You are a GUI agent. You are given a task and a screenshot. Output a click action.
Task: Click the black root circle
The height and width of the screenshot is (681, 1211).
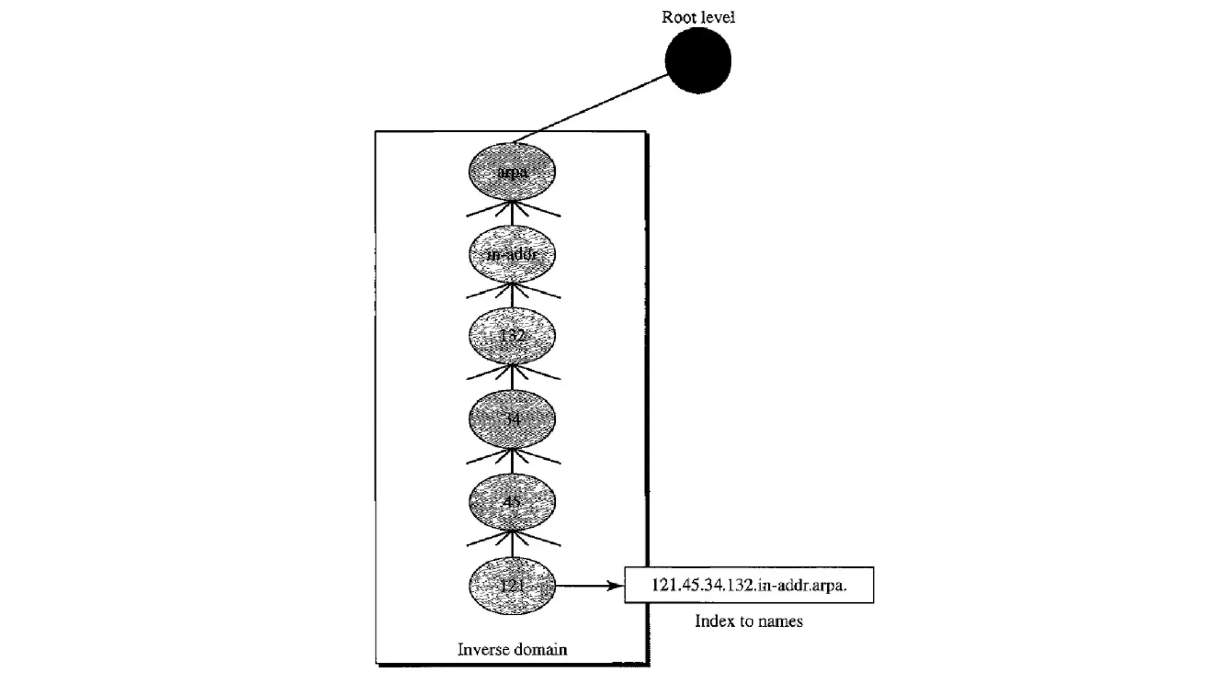tap(698, 60)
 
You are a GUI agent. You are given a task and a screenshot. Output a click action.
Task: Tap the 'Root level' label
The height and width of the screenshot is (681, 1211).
tap(698, 17)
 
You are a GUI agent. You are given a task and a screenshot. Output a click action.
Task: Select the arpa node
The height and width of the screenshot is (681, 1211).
tap(512, 171)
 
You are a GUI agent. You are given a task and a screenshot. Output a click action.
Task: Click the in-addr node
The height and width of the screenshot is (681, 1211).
tap(512, 254)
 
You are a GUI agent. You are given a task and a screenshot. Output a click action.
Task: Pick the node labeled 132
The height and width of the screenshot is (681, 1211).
tap(512, 336)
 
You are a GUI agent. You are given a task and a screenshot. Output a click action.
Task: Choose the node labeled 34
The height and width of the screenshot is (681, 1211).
tap(512, 419)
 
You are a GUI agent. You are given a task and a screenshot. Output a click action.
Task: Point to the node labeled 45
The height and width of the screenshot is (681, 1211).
tap(512, 502)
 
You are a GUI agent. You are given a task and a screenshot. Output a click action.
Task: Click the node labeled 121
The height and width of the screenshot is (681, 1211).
tap(512, 585)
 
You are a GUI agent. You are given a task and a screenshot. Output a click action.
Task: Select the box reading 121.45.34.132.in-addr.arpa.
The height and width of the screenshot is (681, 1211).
tap(749, 585)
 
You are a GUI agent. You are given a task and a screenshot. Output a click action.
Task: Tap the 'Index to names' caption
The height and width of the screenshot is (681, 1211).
tap(749, 621)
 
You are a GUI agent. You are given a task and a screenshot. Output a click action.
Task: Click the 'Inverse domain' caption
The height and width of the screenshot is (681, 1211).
tap(512, 650)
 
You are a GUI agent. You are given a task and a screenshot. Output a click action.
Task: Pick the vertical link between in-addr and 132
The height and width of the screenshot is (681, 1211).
tap(512, 297)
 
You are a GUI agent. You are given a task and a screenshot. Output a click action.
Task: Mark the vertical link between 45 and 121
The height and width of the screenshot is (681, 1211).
tap(512, 545)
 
